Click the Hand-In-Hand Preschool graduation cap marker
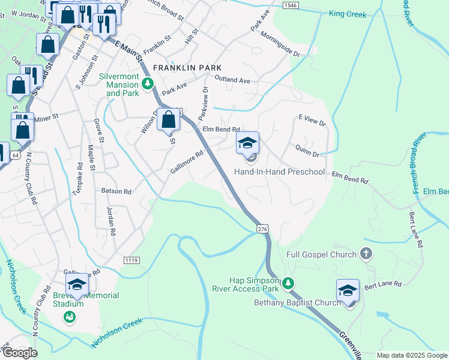pyautogui.click(x=247, y=143)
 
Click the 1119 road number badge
pyautogui.click(x=132, y=259)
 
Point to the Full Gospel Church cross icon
pyautogui.click(x=366, y=254)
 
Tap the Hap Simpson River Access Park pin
pyautogui.click(x=288, y=283)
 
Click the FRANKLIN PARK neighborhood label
pyautogui.click(x=187, y=68)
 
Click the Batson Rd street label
pyautogui.click(x=116, y=191)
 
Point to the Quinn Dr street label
pyautogui.click(x=307, y=151)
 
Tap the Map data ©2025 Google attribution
pyautogui.click(x=412, y=355)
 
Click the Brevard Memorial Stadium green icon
pyautogui.click(x=70, y=317)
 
